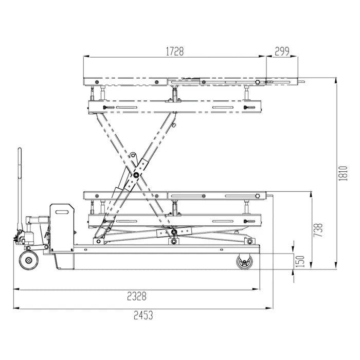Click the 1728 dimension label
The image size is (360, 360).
coord(175,51)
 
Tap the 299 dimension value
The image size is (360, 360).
coord(282,51)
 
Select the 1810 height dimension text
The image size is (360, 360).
coord(343,173)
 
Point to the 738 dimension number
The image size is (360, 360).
coord(318,230)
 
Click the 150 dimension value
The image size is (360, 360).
coord(300,261)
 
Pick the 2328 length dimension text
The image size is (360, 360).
coord(137,296)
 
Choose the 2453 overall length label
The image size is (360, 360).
coord(143,315)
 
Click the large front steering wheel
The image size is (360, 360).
coord(29,260)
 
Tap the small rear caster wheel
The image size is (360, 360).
coord(244,261)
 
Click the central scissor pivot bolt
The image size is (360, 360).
coord(136,175)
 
